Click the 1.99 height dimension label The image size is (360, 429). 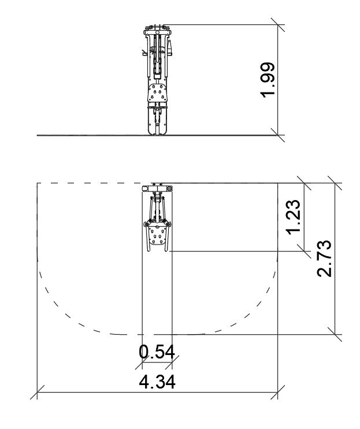[267, 80]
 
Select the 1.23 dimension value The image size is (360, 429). [293, 217]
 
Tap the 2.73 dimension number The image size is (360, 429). [324, 258]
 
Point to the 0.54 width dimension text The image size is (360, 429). [157, 352]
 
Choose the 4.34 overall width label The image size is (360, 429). [157, 382]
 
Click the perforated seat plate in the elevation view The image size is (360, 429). [157, 93]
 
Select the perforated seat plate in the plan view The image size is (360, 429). [157, 235]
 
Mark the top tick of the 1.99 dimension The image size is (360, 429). [278, 25]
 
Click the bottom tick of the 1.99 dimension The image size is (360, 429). [278, 135]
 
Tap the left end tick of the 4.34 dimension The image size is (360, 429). [37, 392]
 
